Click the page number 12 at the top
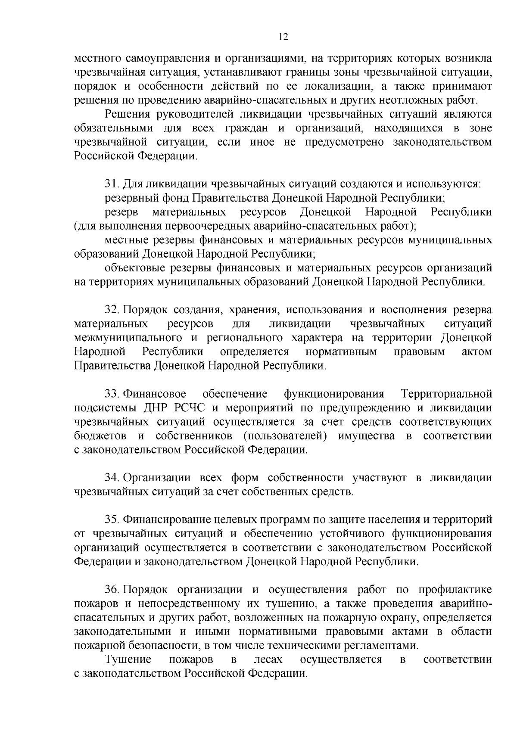click(283, 37)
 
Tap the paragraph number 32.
click(112, 310)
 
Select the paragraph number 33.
click(112, 394)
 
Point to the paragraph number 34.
click(112, 478)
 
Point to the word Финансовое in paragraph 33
click(155, 394)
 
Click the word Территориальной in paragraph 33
click(446, 394)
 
